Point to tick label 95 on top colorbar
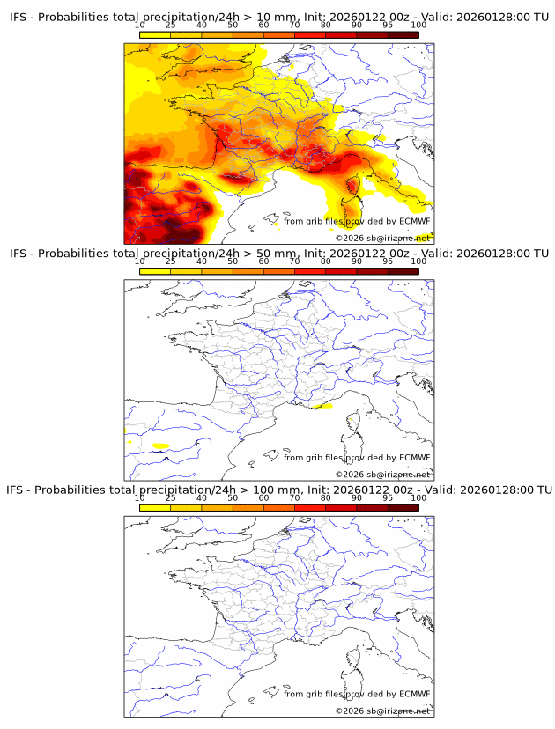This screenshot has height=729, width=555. coord(388,26)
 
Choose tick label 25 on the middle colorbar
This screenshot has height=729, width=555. coord(171,261)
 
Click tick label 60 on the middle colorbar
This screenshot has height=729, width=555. coord(263,261)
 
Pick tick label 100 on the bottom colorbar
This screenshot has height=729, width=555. coord(418,497)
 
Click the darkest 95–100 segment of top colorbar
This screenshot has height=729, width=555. coord(403,36)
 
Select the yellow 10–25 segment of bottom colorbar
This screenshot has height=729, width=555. coord(155,508)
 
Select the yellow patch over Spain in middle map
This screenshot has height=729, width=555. coord(160,445)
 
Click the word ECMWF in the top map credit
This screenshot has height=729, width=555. coord(414,222)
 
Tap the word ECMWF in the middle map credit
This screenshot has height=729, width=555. coord(414,458)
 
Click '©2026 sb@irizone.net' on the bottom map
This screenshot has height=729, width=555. coord(382,711)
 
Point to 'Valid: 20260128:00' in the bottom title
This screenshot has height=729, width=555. coord(476,490)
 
